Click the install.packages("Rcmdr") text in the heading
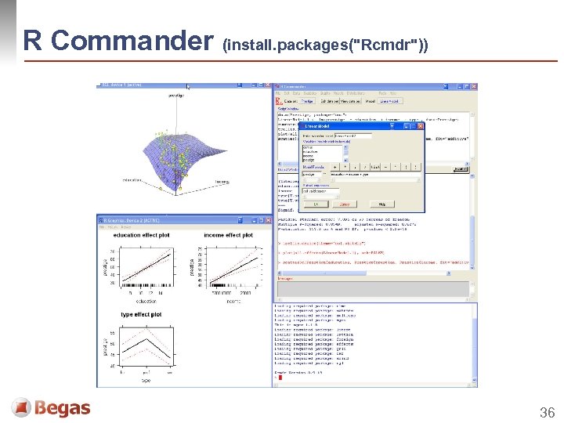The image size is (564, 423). [x=325, y=44]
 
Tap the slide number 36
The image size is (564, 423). [x=546, y=412]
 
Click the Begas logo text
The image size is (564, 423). [x=62, y=408]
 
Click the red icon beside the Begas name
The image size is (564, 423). [x=21, y=407]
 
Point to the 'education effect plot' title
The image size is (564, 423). [x=141, y=235]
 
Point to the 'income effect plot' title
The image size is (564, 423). [x=228, y=235]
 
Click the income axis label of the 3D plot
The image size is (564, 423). [x=222, y=183]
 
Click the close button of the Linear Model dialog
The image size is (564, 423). [x=420, y=125]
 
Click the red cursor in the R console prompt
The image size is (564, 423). [x=280, y=378]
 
